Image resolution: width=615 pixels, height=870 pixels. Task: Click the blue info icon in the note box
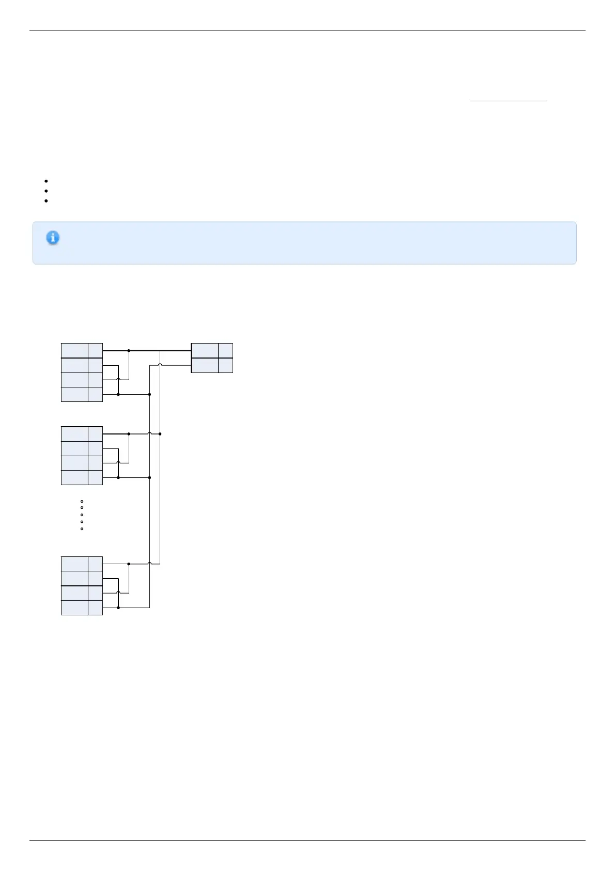53,238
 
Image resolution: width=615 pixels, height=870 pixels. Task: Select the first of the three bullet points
46,181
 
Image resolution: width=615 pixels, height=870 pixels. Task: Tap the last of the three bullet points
46,200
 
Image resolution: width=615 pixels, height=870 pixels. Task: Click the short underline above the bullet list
508,101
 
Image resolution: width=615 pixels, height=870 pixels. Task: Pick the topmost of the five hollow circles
82,501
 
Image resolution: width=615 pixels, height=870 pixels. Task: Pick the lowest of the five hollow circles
82,529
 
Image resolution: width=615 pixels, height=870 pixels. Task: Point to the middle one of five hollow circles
82,515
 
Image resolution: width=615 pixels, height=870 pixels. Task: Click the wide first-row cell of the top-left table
74,350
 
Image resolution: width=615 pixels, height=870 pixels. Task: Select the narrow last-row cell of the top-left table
95,394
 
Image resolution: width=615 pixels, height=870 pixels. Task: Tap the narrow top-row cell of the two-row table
225,350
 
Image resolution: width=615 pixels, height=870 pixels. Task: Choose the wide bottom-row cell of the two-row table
205,365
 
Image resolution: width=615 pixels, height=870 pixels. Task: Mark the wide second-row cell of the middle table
74,448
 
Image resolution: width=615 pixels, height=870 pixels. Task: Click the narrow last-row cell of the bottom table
95,608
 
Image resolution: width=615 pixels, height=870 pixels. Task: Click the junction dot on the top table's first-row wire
129,351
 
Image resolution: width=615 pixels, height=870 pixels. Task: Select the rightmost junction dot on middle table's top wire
160,434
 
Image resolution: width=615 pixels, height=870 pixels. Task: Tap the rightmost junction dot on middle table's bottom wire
149,478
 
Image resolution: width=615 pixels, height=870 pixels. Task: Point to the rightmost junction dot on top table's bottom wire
149,394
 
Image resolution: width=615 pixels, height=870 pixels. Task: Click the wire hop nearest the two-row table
160,365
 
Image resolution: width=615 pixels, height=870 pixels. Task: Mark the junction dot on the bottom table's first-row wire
129,564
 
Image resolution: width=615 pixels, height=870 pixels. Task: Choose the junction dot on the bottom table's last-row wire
118,608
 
